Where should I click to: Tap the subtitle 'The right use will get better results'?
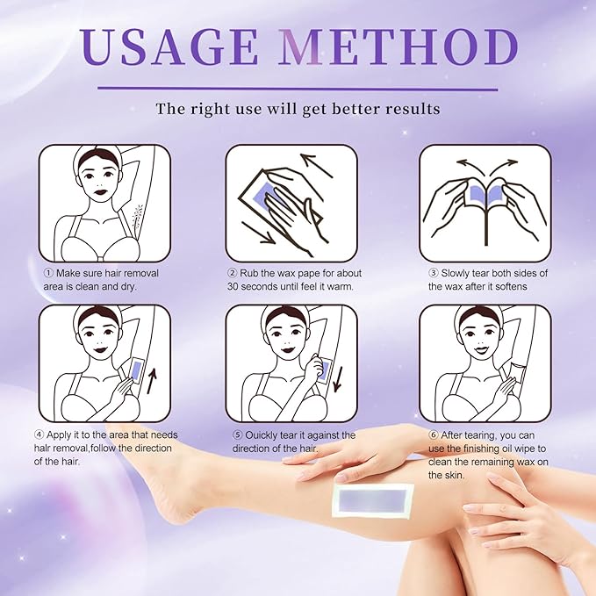(x=298, y=110)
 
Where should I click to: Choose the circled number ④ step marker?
(x=39, y=434)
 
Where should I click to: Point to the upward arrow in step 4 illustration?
(x=153, y=382)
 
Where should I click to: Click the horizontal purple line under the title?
(x=298, y=88)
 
